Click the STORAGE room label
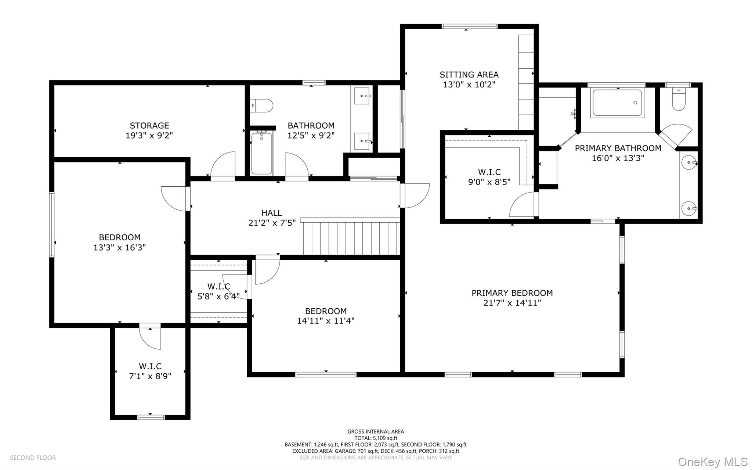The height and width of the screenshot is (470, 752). (x=149, y=126)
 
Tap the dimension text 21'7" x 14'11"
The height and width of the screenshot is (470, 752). (x=512, y=303)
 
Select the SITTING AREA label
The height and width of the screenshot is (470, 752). (x=469, y=75)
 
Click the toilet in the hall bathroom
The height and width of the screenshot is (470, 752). (x=263, y=105)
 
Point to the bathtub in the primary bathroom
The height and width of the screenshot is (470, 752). (x=618, y=103)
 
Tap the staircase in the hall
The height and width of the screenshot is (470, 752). (x=351, y=237)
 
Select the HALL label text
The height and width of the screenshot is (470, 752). (x=272, y=213)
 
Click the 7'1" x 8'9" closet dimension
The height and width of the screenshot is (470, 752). (x=150, y=376)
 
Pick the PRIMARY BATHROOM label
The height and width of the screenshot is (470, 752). (x=618, y=148)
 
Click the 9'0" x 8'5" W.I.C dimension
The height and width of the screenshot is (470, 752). (x=489, y=182)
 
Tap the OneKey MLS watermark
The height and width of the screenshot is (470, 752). (x=713, y=462)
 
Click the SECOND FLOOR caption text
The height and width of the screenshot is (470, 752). (x=33, y=458)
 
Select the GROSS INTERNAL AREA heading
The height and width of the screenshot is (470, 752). (x=376, y=431)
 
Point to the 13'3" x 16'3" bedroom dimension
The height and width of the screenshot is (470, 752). (x=119, y=247)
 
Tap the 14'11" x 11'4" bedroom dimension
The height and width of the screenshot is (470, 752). (x=325, y=321)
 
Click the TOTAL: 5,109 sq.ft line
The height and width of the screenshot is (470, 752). (x=376, y=438)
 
